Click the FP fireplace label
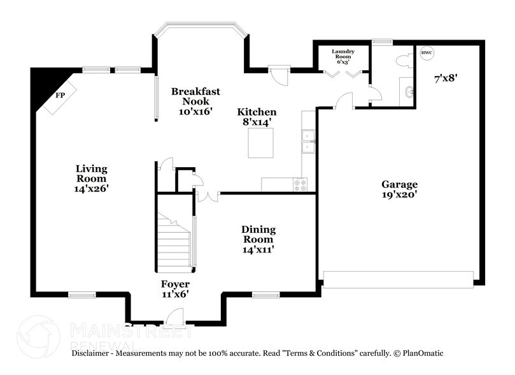coord(60,95)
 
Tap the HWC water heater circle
coord(426,52)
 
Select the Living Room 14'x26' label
coord(92,179)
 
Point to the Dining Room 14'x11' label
coord(258,239)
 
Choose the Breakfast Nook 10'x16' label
coord(195,101)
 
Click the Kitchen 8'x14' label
coord(257,116)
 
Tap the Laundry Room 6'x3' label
coord(342,55)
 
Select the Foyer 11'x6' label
coord(174,288)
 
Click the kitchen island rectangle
coord(260,143)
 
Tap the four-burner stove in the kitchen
coord(299,184)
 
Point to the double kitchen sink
coord(308,142)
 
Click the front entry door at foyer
coord(174,316)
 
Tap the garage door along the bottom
coord(399,279)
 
